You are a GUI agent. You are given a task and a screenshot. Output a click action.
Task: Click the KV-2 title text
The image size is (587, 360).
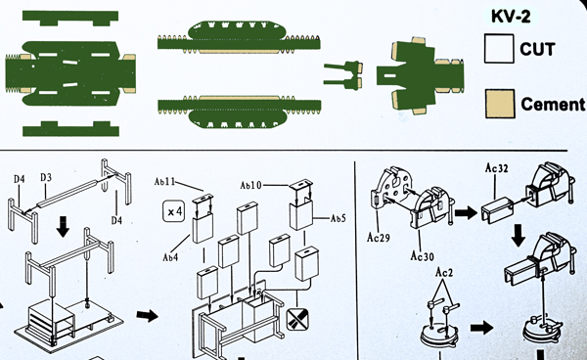511,16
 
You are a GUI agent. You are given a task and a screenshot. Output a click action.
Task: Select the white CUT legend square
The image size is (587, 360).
499,49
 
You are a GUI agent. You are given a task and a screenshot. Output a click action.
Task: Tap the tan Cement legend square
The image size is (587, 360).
500,104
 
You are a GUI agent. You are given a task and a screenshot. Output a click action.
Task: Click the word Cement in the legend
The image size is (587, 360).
553,104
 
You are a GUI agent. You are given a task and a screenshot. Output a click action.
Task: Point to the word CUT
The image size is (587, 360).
537,49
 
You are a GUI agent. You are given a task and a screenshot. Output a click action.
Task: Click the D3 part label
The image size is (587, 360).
46,177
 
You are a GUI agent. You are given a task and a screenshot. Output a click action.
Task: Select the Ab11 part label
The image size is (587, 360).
164,182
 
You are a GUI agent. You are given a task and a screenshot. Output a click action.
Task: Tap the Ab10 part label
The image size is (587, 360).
250,185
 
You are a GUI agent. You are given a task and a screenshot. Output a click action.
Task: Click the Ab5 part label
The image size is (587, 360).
338,218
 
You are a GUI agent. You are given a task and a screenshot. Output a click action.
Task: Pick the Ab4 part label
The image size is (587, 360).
170,257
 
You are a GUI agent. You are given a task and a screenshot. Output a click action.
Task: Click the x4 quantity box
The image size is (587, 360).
174,212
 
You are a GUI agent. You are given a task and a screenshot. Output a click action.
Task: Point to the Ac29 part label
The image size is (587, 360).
378,238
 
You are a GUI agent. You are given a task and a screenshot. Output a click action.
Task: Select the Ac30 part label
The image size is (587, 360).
422,256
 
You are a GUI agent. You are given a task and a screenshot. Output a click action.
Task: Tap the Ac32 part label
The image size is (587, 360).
496,168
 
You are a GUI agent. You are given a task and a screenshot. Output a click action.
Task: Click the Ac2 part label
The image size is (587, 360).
444,272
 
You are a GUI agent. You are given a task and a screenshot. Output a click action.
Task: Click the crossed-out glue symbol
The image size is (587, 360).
297,319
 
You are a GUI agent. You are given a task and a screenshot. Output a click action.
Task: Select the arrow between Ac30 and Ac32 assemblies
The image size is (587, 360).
466,213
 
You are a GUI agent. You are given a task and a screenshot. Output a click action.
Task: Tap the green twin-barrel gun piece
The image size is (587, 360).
342,75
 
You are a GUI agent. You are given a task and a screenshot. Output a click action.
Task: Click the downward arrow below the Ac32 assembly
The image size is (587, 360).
519,236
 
